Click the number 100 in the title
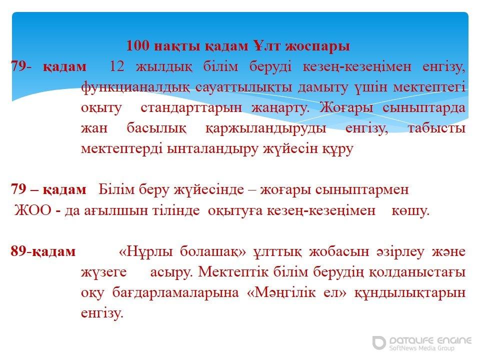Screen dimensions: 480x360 point(138,46)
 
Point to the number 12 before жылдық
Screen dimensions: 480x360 point(117,66)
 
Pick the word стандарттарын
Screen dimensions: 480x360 point(191,108)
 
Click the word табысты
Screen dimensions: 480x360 point(437,128)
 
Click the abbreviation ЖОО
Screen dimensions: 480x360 point(33,210)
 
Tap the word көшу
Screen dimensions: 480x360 point(410,211)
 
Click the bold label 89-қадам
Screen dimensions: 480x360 point(43,251)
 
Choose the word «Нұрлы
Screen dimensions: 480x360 point(145,251)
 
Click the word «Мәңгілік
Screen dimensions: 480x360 point(281,293)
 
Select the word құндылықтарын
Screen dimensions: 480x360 point(410,293)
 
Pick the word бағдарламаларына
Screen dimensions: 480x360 point(175,293)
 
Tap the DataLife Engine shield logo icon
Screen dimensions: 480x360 point(379,342)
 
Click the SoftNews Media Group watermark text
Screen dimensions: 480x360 point(421,348)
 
